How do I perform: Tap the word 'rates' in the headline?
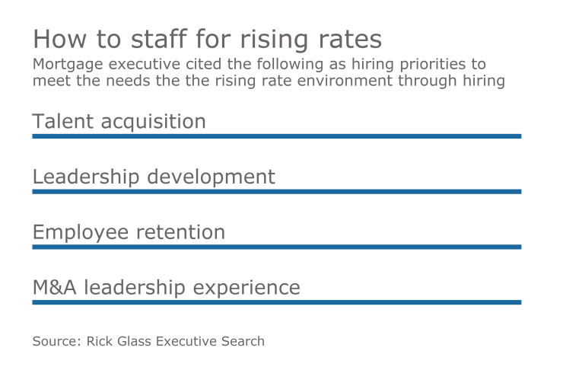pyautogui.click(x=351, y=39)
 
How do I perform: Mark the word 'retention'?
pyautogui.click(x=182, y=232)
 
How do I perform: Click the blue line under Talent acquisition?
pyautogui.click(x=276, y=136)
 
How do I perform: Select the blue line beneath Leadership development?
pyautogui.click(x=276, y=192)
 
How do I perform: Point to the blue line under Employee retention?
pyautogui.click(x=276, y=247)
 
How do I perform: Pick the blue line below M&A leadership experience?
pyautogui.click(x=276, y=302)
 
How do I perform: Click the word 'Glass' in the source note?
pyautogui.click(x=135, y=341)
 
